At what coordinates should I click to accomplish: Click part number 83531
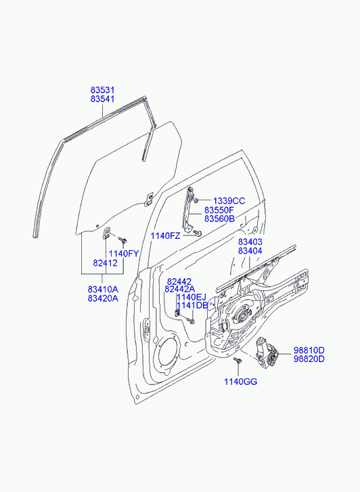103,90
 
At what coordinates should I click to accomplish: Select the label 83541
103,99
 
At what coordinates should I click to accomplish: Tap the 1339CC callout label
229,201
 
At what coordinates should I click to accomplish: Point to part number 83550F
219,210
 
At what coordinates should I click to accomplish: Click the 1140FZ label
165,236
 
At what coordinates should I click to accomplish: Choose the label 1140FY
124,254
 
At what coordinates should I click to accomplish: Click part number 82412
105,263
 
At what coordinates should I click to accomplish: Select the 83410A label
103,289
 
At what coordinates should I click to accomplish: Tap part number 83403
250,242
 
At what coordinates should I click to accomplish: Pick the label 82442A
180,289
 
